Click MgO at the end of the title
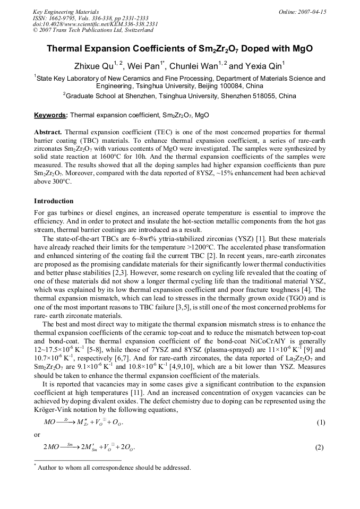[x=302, y=49]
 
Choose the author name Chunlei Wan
[x=193, y=66]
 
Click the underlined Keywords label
[x=50, y=115]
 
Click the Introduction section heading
[x=54, y=201]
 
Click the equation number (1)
[x=320, y=422]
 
